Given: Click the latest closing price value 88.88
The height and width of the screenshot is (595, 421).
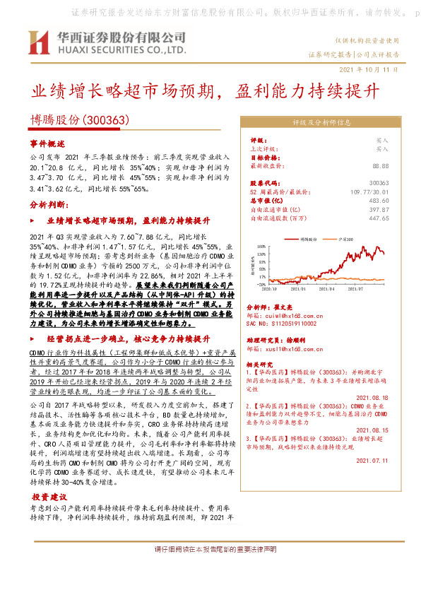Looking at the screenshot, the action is [x=380, y=165].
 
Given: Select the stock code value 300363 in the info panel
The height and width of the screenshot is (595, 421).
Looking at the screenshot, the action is [x=379, y=182].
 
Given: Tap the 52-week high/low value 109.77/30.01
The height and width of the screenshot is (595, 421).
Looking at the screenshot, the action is [x=369, y=192].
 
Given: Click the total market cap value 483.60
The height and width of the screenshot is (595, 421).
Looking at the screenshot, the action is [x=379, y=201].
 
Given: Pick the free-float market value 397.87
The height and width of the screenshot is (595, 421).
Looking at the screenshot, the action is [x=379, y=210].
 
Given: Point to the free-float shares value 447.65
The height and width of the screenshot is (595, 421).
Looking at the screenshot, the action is [x=379, y=219].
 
